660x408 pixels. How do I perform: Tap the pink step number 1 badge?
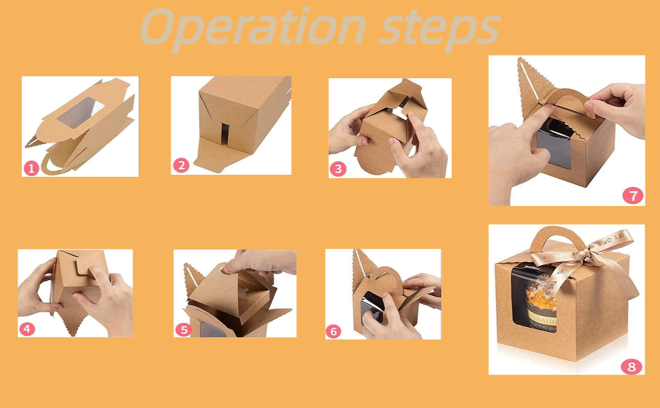(x=31, y=168)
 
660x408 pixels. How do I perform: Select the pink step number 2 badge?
(x=180, y=165)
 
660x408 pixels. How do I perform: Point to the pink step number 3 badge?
(x=338, y=169)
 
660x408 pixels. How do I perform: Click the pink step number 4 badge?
(x=27, y=328)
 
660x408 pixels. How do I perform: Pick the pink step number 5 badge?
(x=183, y=329)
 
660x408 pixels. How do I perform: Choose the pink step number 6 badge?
(x=333, y=331)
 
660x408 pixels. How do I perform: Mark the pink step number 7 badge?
(x=633, y=196)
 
